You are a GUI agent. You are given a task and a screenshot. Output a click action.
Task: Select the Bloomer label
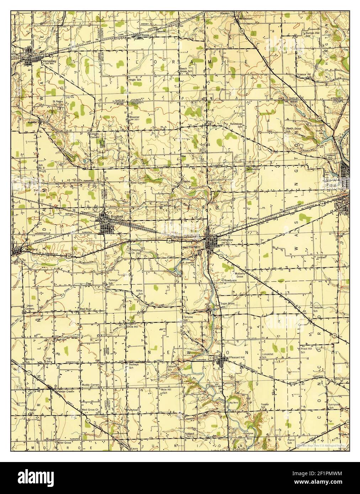click(x=134, y=117)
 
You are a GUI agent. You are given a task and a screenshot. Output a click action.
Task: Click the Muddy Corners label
click(x=90, y=385)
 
